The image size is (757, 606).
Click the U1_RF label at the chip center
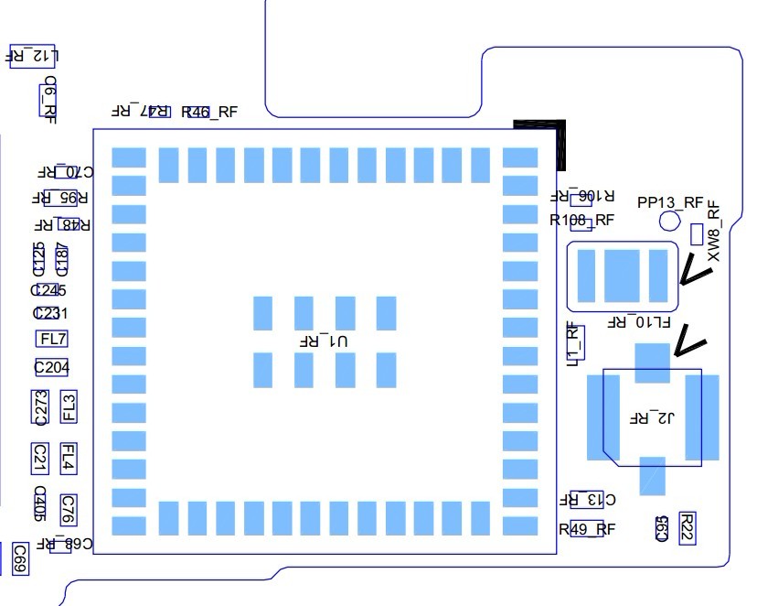(325, 341)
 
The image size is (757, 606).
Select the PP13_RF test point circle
(670, 220)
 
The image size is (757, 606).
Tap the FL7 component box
(52, 339)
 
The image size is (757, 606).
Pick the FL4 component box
(68, 457)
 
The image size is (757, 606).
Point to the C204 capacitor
(51, 367)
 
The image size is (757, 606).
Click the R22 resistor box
(688, 528)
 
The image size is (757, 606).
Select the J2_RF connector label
(652, 418)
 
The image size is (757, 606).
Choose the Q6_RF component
(49, 99)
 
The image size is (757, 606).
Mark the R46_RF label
(209, 113)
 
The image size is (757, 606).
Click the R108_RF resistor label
(581, 220)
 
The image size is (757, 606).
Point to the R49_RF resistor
(586, 528)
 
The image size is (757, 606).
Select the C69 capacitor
(19, 558)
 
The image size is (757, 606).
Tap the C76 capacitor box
(68, 506)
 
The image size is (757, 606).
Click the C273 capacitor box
(39, 407)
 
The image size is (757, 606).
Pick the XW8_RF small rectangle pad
(697, 234)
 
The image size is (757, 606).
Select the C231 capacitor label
(49, 313)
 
